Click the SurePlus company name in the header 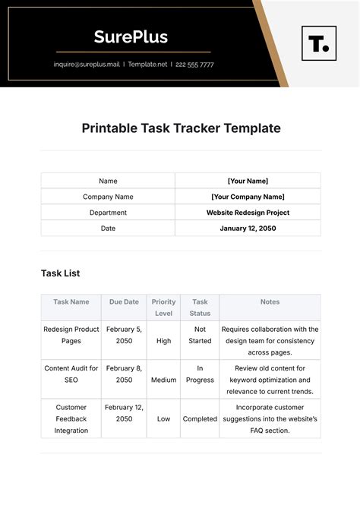coord(131,36)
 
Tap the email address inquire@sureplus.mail coord(87,65)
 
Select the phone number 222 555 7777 coord(195,65)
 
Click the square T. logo coord(319,43)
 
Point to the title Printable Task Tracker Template coord(181,128)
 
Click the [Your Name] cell coord(248,181)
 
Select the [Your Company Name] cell coord(248,197)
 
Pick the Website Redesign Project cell coord(248,213)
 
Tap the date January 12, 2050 coord(248,229)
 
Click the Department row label coord(108,213)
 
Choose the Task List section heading coord(60,273)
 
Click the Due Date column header coord(124,302)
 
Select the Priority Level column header coord(163,308)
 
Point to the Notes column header coord(270,302)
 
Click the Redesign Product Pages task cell coord(71,335)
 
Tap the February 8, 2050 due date coord(124,374)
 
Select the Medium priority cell coord(163,380)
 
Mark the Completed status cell coord(200,419)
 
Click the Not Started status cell coord(200,335)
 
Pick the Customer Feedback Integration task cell coord(71,419)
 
